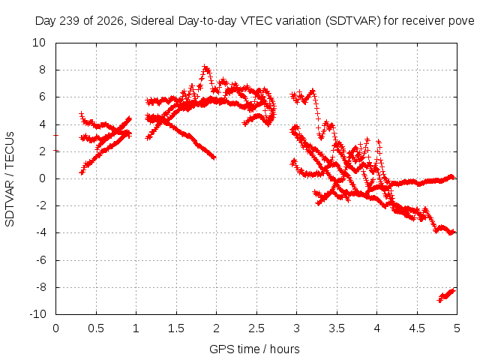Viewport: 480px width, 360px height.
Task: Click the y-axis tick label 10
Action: (39, 43)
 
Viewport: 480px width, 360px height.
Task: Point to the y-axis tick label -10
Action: (37, 314)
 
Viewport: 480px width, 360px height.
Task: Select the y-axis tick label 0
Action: (42, 178)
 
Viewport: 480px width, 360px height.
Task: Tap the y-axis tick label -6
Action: (41, 260)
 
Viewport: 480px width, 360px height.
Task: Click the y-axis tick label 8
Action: (42, 70)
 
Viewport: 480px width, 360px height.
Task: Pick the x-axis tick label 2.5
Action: (256, 328)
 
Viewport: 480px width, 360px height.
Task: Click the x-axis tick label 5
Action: (457, 328)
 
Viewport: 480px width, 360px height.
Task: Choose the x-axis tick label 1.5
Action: (176, 328)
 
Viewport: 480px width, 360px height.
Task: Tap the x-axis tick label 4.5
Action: (417, 328)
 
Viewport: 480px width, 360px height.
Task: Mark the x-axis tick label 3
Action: (297, 328)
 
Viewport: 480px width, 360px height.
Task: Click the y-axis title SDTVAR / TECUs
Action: (10, 179)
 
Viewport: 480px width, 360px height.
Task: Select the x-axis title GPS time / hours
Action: (254, 349)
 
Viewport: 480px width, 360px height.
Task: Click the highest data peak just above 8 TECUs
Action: (205, 67)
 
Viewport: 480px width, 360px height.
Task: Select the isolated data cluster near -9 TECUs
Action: (446, 295)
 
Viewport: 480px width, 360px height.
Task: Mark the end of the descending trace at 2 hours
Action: (214, 157)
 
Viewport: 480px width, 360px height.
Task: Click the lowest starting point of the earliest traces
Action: (82, 172)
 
